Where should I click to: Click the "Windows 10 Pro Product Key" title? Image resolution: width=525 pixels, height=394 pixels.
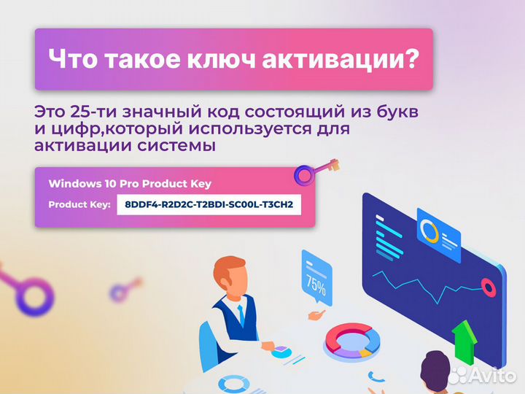[x=130, y=184]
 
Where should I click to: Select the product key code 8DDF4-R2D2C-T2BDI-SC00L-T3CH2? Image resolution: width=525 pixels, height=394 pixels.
[x=209, y=204]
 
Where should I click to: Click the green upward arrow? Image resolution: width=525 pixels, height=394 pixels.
[x=463, y=341]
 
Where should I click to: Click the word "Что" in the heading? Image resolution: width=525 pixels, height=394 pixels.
[x=69, y=59]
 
